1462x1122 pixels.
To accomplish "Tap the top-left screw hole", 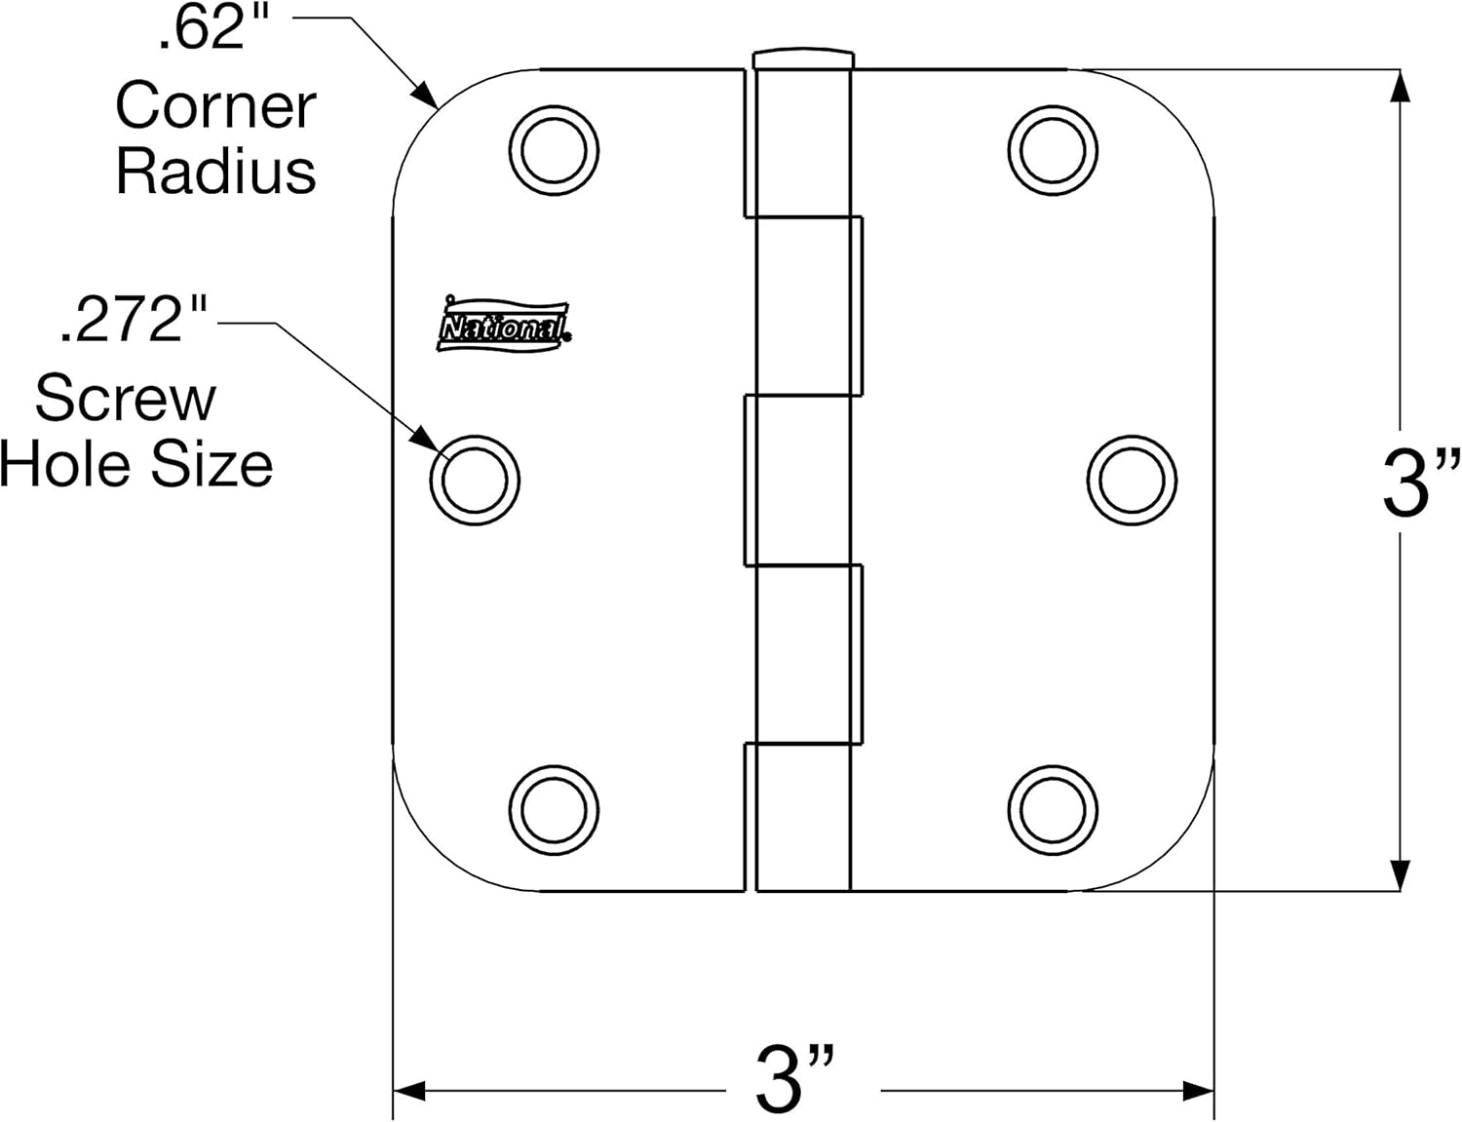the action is pos(554,150).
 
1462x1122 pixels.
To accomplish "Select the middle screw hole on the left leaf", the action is pos(475,480).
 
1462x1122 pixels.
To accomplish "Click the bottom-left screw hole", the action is pos(554,810).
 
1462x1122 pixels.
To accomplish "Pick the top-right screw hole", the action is pos(1053,150).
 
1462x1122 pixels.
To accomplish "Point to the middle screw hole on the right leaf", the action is pos(1132,480).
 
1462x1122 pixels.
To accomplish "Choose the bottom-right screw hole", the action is pos(1053,810).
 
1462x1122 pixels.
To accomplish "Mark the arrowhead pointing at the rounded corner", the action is pos(426,95).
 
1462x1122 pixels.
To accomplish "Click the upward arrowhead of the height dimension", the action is pos(1401,86).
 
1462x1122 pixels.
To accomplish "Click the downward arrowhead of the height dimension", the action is pos(1401,874).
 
